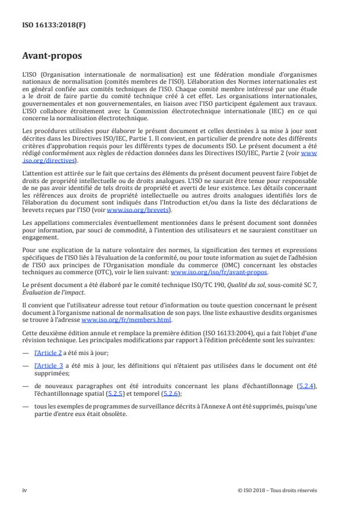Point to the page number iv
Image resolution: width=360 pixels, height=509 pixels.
pos(25,490)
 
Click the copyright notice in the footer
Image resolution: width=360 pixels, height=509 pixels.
pos(278,490)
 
